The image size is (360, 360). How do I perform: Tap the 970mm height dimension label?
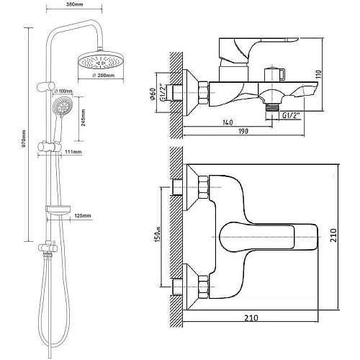24,139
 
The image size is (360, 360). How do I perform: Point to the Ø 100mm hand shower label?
63,91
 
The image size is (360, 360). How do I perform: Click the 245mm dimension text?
83,117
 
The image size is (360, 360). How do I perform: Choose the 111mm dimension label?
73,152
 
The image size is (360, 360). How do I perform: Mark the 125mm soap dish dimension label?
83,215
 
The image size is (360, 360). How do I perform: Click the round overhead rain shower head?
101,60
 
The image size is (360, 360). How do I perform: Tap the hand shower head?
63,107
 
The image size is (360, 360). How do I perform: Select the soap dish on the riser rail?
58,209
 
